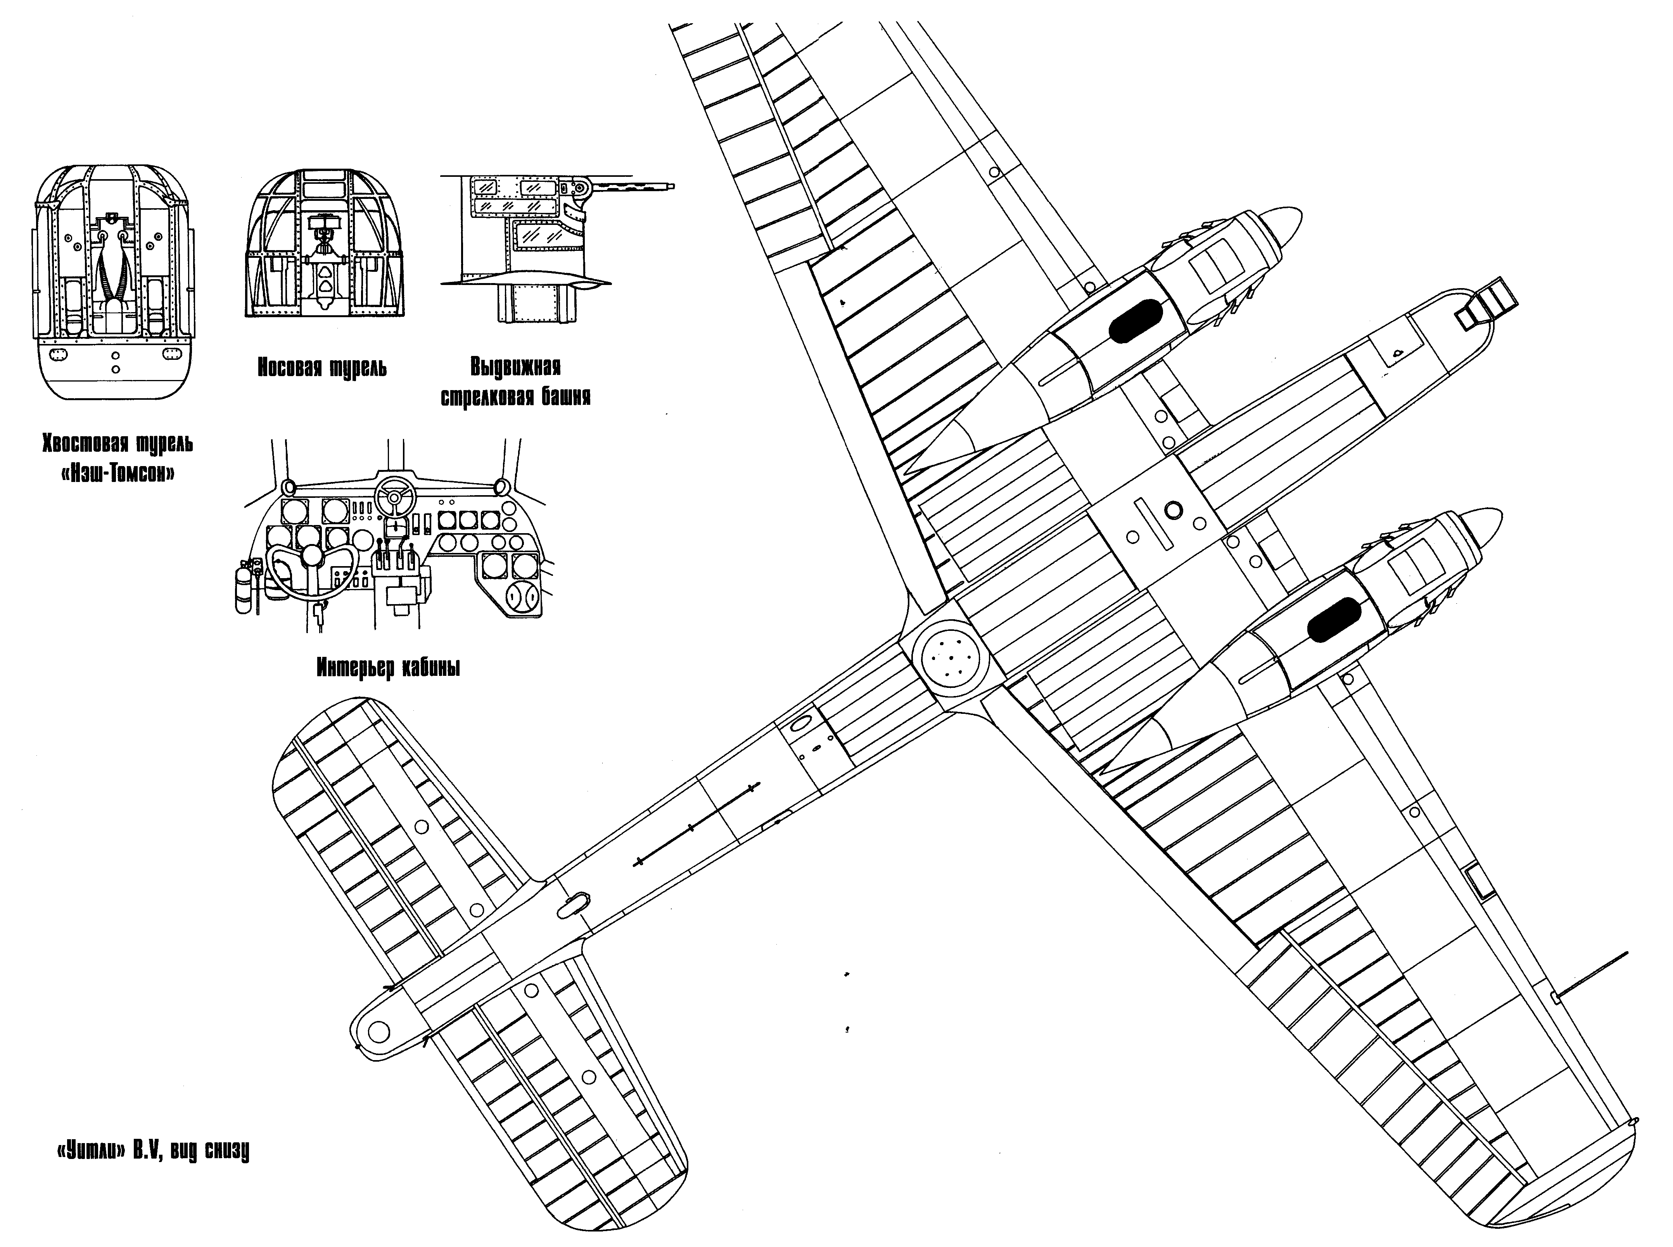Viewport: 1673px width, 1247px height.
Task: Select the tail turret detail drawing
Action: pyautogui.click(x=113, y=287)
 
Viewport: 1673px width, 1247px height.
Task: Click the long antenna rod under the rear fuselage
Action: pyautogui.click(x=695, y=827)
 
